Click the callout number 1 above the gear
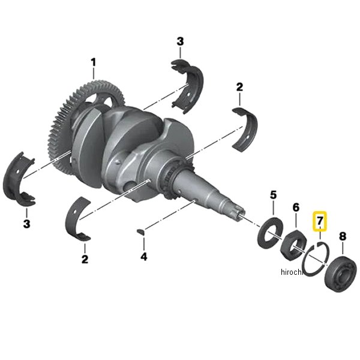coord(93,62)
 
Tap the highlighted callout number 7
coord(320,221)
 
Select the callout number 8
coord(343,236)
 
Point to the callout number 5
coord(273,195)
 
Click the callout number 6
coord(296,208)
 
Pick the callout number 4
coord(144,256)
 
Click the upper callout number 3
coord(180,41)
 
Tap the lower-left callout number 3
coord(26,224)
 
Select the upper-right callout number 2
coord(239,87)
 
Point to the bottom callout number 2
coord(85,259)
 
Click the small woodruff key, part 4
coord(140,232)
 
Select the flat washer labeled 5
coord(270,233)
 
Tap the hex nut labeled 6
coord(293,245)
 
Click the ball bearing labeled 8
coord(340,275)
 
